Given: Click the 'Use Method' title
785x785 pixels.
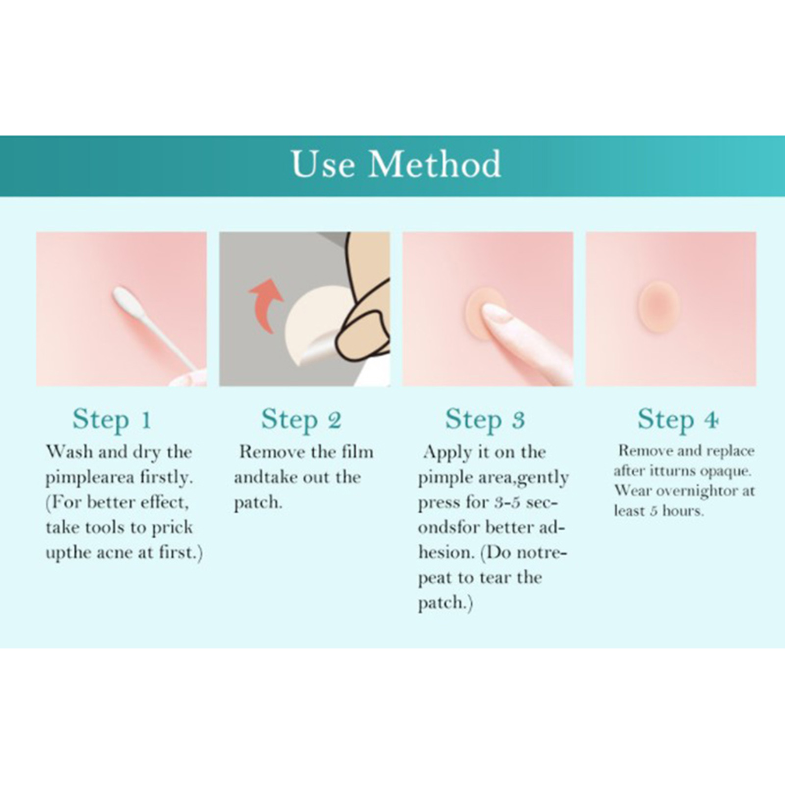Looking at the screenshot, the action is click(396, 164).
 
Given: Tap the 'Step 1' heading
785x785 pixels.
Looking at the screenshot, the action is click(112, 420).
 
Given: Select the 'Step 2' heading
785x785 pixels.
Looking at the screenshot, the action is click(301, 420).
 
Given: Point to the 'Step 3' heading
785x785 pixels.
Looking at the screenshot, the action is click(485, 420).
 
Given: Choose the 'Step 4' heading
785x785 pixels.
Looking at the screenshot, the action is click(678, 420).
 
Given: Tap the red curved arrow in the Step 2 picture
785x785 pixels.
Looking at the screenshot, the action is click(266, 305).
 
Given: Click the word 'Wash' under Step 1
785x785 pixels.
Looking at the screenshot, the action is click(70, 452).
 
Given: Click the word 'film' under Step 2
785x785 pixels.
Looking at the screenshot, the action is click(358, 452).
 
